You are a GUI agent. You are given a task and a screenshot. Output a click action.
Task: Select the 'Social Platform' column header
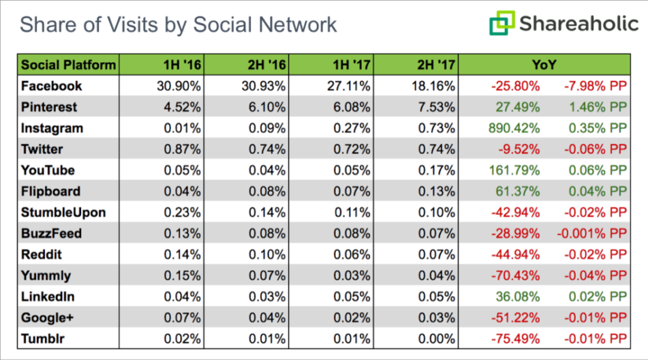coord(68,65)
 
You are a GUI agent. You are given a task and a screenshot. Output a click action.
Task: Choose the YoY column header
coord(544,65)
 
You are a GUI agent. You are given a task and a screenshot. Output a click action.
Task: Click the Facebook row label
coord(52,86)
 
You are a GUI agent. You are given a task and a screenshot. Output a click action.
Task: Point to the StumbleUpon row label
coord(63,212)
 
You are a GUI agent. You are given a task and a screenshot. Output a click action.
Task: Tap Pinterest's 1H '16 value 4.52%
coord(182,107)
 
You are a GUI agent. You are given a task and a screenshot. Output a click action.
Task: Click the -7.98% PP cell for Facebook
coord(594,86)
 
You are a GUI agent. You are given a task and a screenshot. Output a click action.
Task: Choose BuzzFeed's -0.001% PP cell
coord(591,233)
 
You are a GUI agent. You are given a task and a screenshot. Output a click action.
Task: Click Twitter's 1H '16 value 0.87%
coord(182,149)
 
